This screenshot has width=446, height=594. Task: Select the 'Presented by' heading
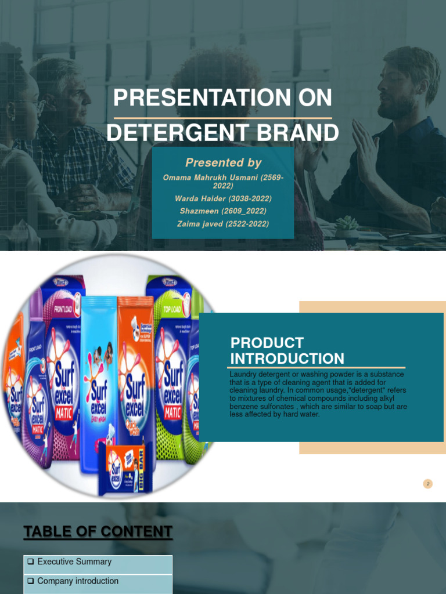pos(223,163)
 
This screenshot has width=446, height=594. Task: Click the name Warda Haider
pos(199,199)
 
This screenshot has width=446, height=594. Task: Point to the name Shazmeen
pos(198,211)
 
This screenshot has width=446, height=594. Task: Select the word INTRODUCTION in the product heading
pos(287,358)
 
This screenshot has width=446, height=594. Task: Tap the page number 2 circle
pos(428,484)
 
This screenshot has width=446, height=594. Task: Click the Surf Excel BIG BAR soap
pos(125,467)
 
